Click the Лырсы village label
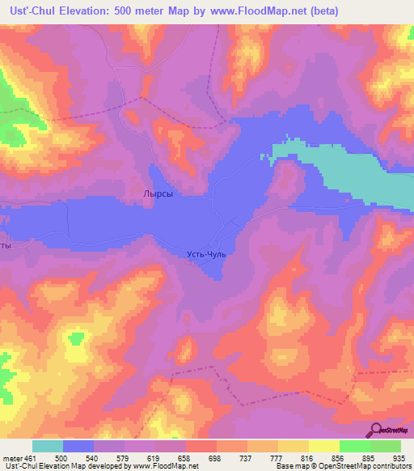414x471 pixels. tap(158, 194)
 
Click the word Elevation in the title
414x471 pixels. tap(92, 11)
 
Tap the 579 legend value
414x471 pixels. tap(144, 458)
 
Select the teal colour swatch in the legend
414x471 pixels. tap(48, 446)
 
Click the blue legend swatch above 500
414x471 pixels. tap(79, 446)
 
